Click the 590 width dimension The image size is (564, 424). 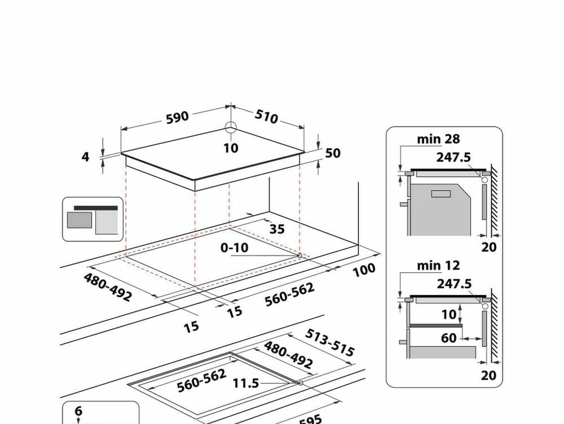pyautogui.click(x=177, y=117)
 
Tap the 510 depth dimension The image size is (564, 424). pyautogui.click(x=266, y=117)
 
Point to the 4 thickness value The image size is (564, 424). pyautogui.click(x=85, y=157)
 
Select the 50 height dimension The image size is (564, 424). pyautogui.click(x=332, y=153)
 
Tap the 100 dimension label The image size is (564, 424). pyautogui.click(x=364, y=270)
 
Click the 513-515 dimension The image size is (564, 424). pyautogui.click(x=329, y=342)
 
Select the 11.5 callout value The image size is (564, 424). pyautogui.click(x=246, y=383)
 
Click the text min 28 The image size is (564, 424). pyautogui.click(x=438, y=139)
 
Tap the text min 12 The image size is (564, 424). pyautogui.click(x=438, y=266)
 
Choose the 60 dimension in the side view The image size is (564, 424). pyautogui.click(x=449, y=338)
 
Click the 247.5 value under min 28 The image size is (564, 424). pyautogui.click(x=453, y=157)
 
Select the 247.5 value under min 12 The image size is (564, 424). pyautogui.click(x=454, y=283)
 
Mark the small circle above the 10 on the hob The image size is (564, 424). pyautogui.click(x=231, y=127)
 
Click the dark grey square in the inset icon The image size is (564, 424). pyautogui.click(x=79, y=220)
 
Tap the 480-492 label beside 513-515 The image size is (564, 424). pyautogui.click(x=288, y=355)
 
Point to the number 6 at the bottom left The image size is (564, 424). pyautogui.click(x=78, y=411)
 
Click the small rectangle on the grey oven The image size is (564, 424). pyautogui.click(x=440, y=194)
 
